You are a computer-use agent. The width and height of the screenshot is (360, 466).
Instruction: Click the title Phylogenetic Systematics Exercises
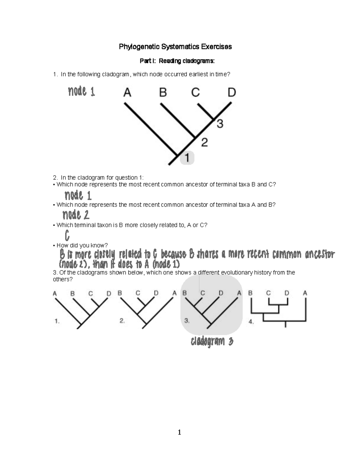tap(175, 47)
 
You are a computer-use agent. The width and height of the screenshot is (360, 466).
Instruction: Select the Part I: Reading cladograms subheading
tap(177, 61)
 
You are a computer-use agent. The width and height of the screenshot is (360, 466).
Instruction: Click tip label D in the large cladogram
tap(232, 92)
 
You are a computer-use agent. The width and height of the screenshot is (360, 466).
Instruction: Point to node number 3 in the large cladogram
tap(220, 124)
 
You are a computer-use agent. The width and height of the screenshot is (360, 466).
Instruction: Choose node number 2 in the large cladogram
tap(204, 142)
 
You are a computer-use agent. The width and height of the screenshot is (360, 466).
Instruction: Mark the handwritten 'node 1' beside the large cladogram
tap(81, 91)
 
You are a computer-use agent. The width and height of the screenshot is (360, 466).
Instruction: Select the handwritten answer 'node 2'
tap(76, 215)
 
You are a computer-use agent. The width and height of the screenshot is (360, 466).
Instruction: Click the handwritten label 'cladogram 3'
tap(212, 341)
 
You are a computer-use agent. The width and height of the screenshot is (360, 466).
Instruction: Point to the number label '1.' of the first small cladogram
tap(57, 321)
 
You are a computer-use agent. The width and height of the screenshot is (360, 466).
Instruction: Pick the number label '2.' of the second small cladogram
tap(122, 321)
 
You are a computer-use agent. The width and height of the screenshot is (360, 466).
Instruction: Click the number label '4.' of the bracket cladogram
tap(251, 322)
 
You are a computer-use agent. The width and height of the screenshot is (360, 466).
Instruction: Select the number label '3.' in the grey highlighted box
tap(187, 321)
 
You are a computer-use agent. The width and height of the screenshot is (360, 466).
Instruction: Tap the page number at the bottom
tap(179, 432)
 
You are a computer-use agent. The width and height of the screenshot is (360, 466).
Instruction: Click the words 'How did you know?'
tap(82, 245)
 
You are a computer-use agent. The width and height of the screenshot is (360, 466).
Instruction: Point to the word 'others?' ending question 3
tap(63, 279)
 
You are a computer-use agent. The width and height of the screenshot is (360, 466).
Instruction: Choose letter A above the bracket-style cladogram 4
tap(305, 293)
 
